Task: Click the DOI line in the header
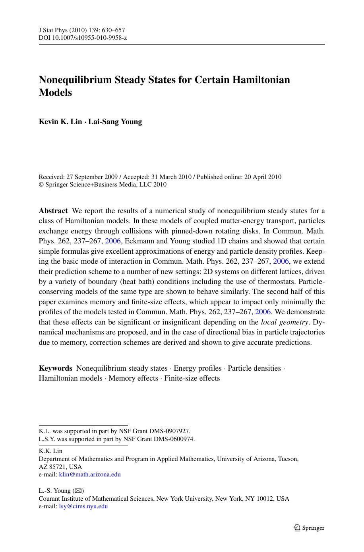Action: point(83,38)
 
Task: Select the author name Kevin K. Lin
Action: point(60,122)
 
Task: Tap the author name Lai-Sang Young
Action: point(115,122)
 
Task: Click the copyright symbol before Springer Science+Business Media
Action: point(41,185)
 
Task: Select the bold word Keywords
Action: point(56,368)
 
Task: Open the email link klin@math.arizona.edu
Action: point(90,474)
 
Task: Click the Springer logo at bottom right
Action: point(309,528)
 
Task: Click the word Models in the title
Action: point(55,92)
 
